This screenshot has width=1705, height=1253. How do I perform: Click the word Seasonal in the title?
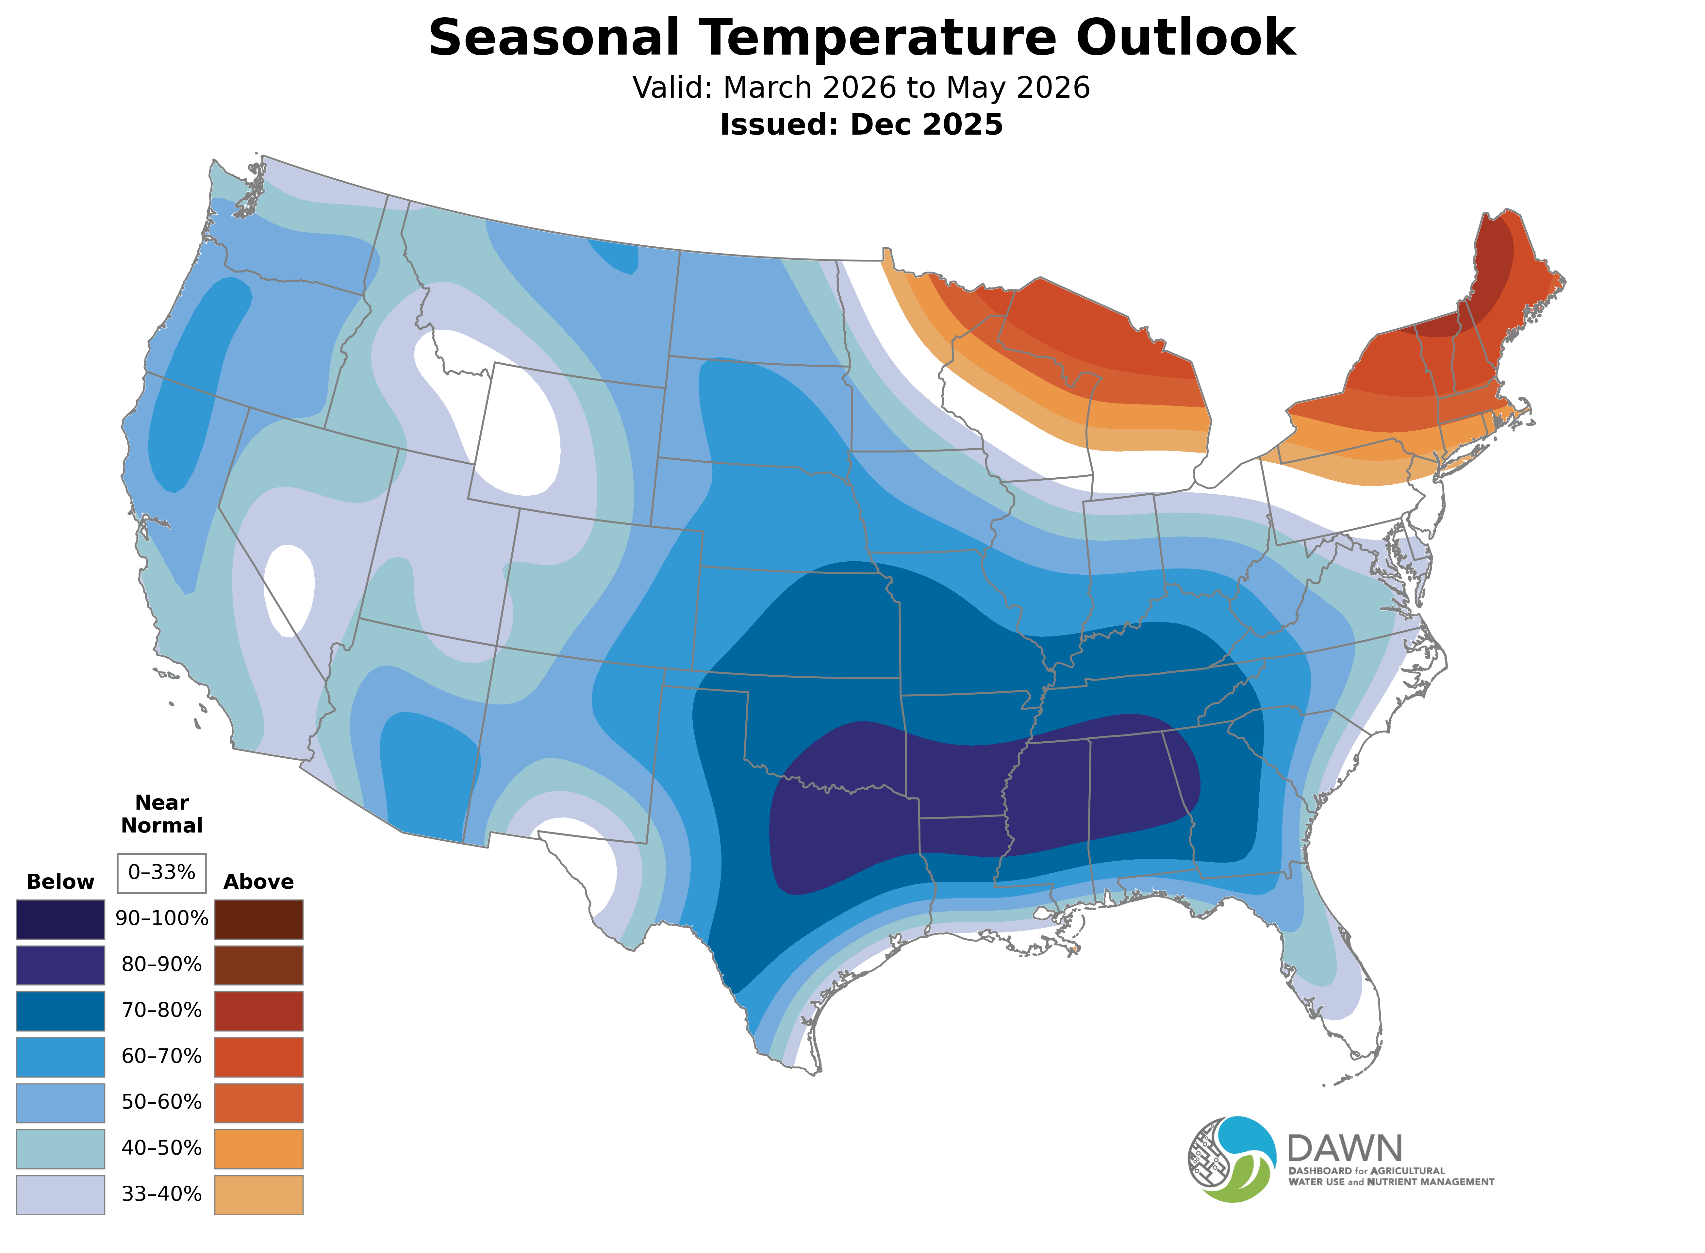(x=554, y=38)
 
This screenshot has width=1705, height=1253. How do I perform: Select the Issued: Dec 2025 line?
(x=861, y=124)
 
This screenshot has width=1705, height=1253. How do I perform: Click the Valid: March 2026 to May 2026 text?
(x=861, y=88)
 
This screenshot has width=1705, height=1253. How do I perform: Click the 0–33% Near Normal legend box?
(x=161, y=872)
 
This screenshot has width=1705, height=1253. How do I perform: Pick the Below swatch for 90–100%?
(x=61, y=919)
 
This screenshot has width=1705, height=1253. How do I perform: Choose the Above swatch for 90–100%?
(x=259, y=919)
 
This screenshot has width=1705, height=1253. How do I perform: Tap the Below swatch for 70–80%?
(x=61, y=1011)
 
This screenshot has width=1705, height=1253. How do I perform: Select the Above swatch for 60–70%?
(x=259, y=1057)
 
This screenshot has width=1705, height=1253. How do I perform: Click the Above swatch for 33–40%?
(x=259, y=1195)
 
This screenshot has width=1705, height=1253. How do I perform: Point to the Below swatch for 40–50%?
(x=61, y=1148)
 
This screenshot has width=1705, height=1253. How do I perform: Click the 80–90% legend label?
(x=161, y=965)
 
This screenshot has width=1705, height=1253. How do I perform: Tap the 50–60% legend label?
(x=161, y=1102)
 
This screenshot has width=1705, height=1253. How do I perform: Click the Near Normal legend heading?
(x=161, y=814)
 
